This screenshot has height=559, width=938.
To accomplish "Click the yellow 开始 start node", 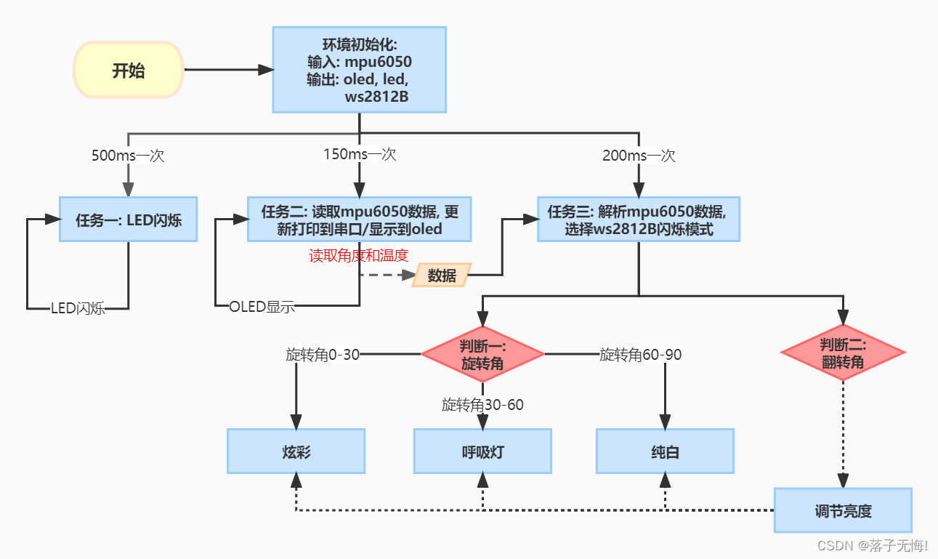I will tap(129, 71).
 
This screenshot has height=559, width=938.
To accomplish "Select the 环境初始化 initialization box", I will tap(359, 70).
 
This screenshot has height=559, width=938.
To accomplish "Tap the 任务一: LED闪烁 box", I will tap(129, 220).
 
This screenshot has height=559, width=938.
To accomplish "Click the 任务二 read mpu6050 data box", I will tap(360, 220).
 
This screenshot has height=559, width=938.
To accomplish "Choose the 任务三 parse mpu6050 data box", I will tap(638, 220).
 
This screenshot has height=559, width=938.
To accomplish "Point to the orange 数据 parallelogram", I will tap(442, 275).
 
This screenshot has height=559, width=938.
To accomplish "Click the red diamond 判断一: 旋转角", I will tap(482, 354).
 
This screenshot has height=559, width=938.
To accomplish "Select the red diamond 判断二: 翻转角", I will tap(843, 353).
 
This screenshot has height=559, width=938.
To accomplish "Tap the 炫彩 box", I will tap(296, 451).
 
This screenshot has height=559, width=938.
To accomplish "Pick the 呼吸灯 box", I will tap(482, 451).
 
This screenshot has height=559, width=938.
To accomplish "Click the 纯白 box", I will tap(665, 451).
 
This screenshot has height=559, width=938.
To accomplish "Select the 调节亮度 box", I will tap(842, 510).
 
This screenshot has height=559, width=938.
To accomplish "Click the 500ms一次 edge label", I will tap(128, 156).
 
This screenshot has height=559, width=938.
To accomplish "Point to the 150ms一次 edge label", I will tap(360, 154).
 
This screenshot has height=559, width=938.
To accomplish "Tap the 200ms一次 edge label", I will tap(639, 156).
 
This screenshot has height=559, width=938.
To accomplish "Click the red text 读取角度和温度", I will tap(359, 255).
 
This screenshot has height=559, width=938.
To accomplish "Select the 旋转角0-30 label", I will tap(323, 355).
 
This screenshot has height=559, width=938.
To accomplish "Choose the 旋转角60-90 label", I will tap(640, 355).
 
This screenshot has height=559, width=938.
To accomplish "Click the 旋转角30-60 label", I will tap(482, 405).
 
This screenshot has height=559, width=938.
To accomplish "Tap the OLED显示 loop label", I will tap(262, 306).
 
